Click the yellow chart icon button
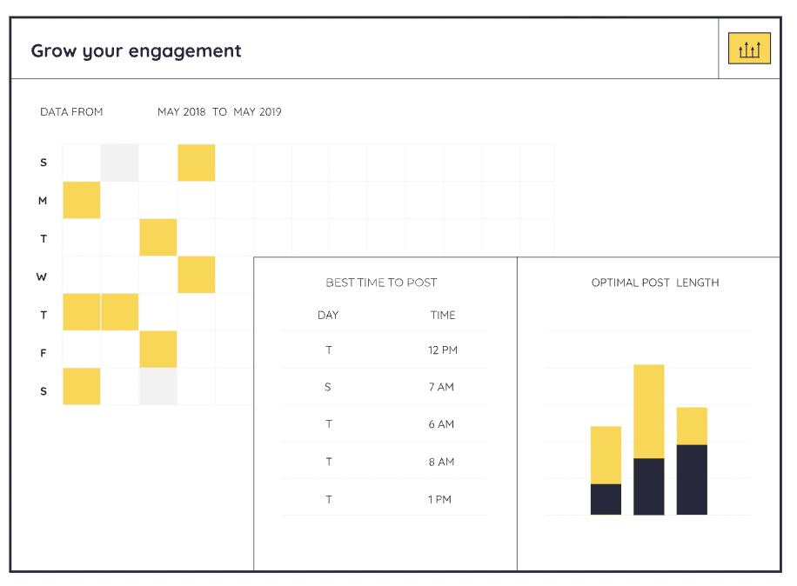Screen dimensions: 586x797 tap(749, 50)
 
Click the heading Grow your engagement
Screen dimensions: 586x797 tap(136, 50)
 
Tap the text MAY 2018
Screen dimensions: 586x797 tap(181, 112)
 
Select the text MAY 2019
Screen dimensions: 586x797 tap(258, 112)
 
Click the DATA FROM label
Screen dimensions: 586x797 tap(71, 112)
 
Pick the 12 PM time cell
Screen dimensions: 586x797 tap(443, 350)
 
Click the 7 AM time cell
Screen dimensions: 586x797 tap(441, 387)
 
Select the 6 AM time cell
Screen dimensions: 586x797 tap(441, 424)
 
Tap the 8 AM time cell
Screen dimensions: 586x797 tap(441, 462)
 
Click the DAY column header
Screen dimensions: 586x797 tap(328, 315)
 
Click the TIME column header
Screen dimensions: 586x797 tap(443, 315)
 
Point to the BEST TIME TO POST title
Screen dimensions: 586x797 tap(381, 283)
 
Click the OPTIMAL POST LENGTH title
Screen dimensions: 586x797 tap(655, 283)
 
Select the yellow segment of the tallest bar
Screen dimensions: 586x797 tap(648, 410)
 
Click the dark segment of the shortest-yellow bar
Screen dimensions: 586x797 tap(692, 479)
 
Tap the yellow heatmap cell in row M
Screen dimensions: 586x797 tap(82, 200)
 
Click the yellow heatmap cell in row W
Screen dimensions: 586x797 tap(196, 275)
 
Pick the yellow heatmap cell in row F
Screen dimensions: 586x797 tap(158, 350)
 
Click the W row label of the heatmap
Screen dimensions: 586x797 tap(42, 277)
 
